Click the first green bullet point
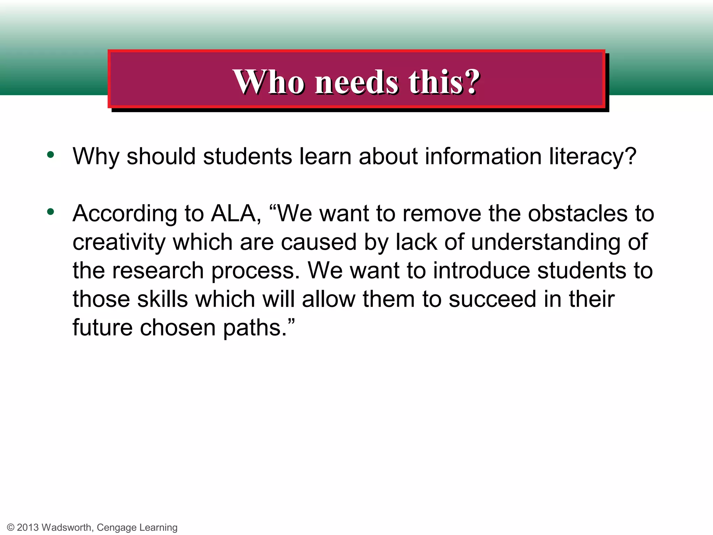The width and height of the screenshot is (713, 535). point(51,155)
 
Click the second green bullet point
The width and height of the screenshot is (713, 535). point(51,212)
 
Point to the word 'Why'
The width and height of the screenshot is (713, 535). point(95,157)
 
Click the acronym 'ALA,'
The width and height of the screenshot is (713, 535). point(236,213)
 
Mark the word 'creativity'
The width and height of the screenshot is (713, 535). point(119,242)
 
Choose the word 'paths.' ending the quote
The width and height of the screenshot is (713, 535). point(258,328)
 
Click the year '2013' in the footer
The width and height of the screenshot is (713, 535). point(28,527)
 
